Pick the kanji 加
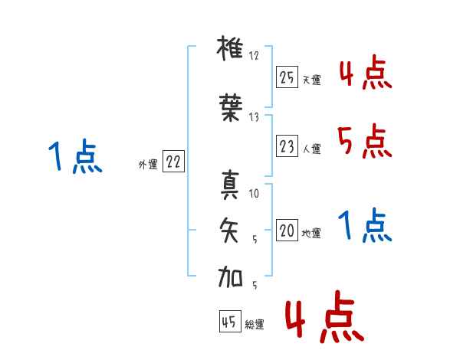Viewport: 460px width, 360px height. pyautogui.click(x=231, y=277)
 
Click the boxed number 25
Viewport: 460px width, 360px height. pyautogui.click(x=287, y=77)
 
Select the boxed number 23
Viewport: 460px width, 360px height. pyautogui.click(x=287, y=146)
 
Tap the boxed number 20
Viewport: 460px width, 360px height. pyautogui.click(x=287, y=231)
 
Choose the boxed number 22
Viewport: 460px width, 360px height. pyautogui.click(x=173, y=162)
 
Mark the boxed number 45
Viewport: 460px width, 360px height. pyautogui.click(x=229, y=322)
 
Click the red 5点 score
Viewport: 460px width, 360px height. pyautogui.click(x=364, y=140)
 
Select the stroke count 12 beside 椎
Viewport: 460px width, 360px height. pyautogui.click(x=255, y=56)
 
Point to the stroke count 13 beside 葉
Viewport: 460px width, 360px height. pyautogui.click(x=255, y=116)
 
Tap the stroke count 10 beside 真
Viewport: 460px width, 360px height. pyautogui.click(x=255, y=194)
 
